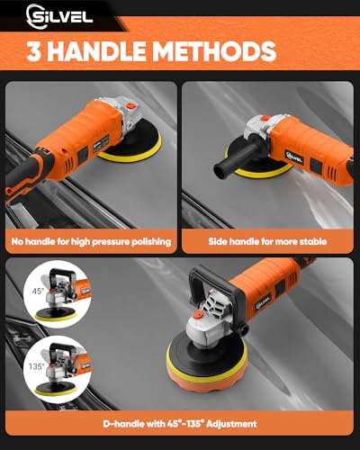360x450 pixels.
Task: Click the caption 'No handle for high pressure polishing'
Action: click(x=90, y=242)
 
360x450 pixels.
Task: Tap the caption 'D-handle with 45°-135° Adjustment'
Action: click(x=180, y=422)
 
